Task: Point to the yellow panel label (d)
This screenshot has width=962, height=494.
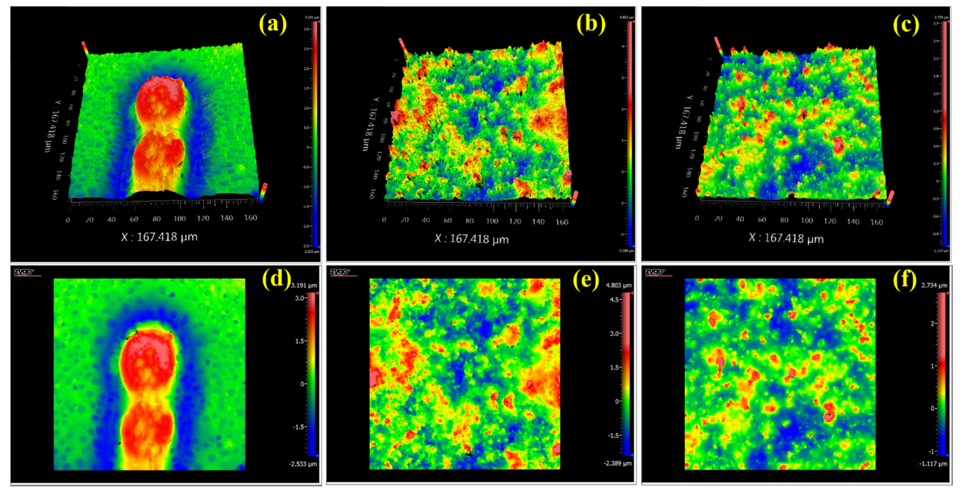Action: pos(276,278)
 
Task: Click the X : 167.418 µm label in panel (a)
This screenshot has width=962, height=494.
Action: pos(159,237)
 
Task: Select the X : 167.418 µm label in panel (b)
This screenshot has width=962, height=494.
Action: pos(472,239)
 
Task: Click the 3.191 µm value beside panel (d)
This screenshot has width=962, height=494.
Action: pos(304,286)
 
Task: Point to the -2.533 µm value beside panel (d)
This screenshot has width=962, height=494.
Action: pos(303,464)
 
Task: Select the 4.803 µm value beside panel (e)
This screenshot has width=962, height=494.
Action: pos(619,286)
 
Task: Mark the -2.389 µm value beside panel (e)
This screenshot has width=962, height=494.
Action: pos(618,463)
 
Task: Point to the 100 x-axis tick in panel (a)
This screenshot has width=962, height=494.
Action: pos(180,219)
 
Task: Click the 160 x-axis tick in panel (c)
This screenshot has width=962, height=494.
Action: pos(876,222)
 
